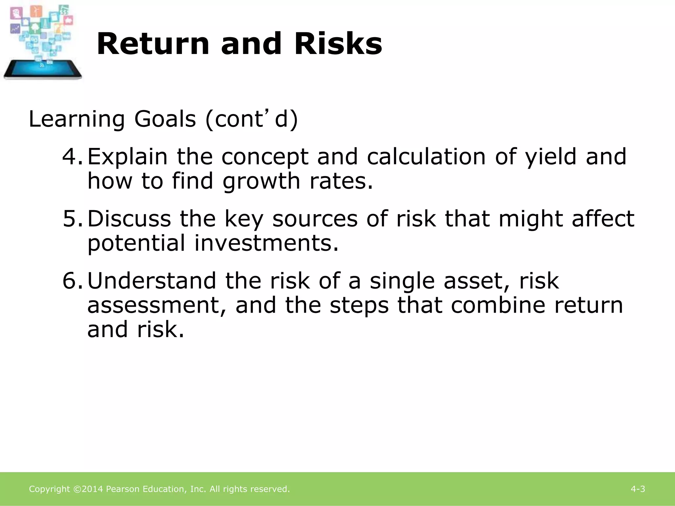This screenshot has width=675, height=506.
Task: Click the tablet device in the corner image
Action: coord(43,70)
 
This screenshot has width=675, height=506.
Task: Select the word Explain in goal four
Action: coord(128,157)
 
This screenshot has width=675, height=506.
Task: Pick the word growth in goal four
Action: coord(261,182)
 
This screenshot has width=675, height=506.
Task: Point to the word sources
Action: coord(315,219)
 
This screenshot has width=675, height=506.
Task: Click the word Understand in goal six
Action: coord(152,281)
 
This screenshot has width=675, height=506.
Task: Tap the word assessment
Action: coord(153,306)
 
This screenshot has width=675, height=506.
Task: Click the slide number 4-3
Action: coord(638,489)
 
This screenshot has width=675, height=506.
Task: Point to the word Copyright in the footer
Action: coord(49,489)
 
